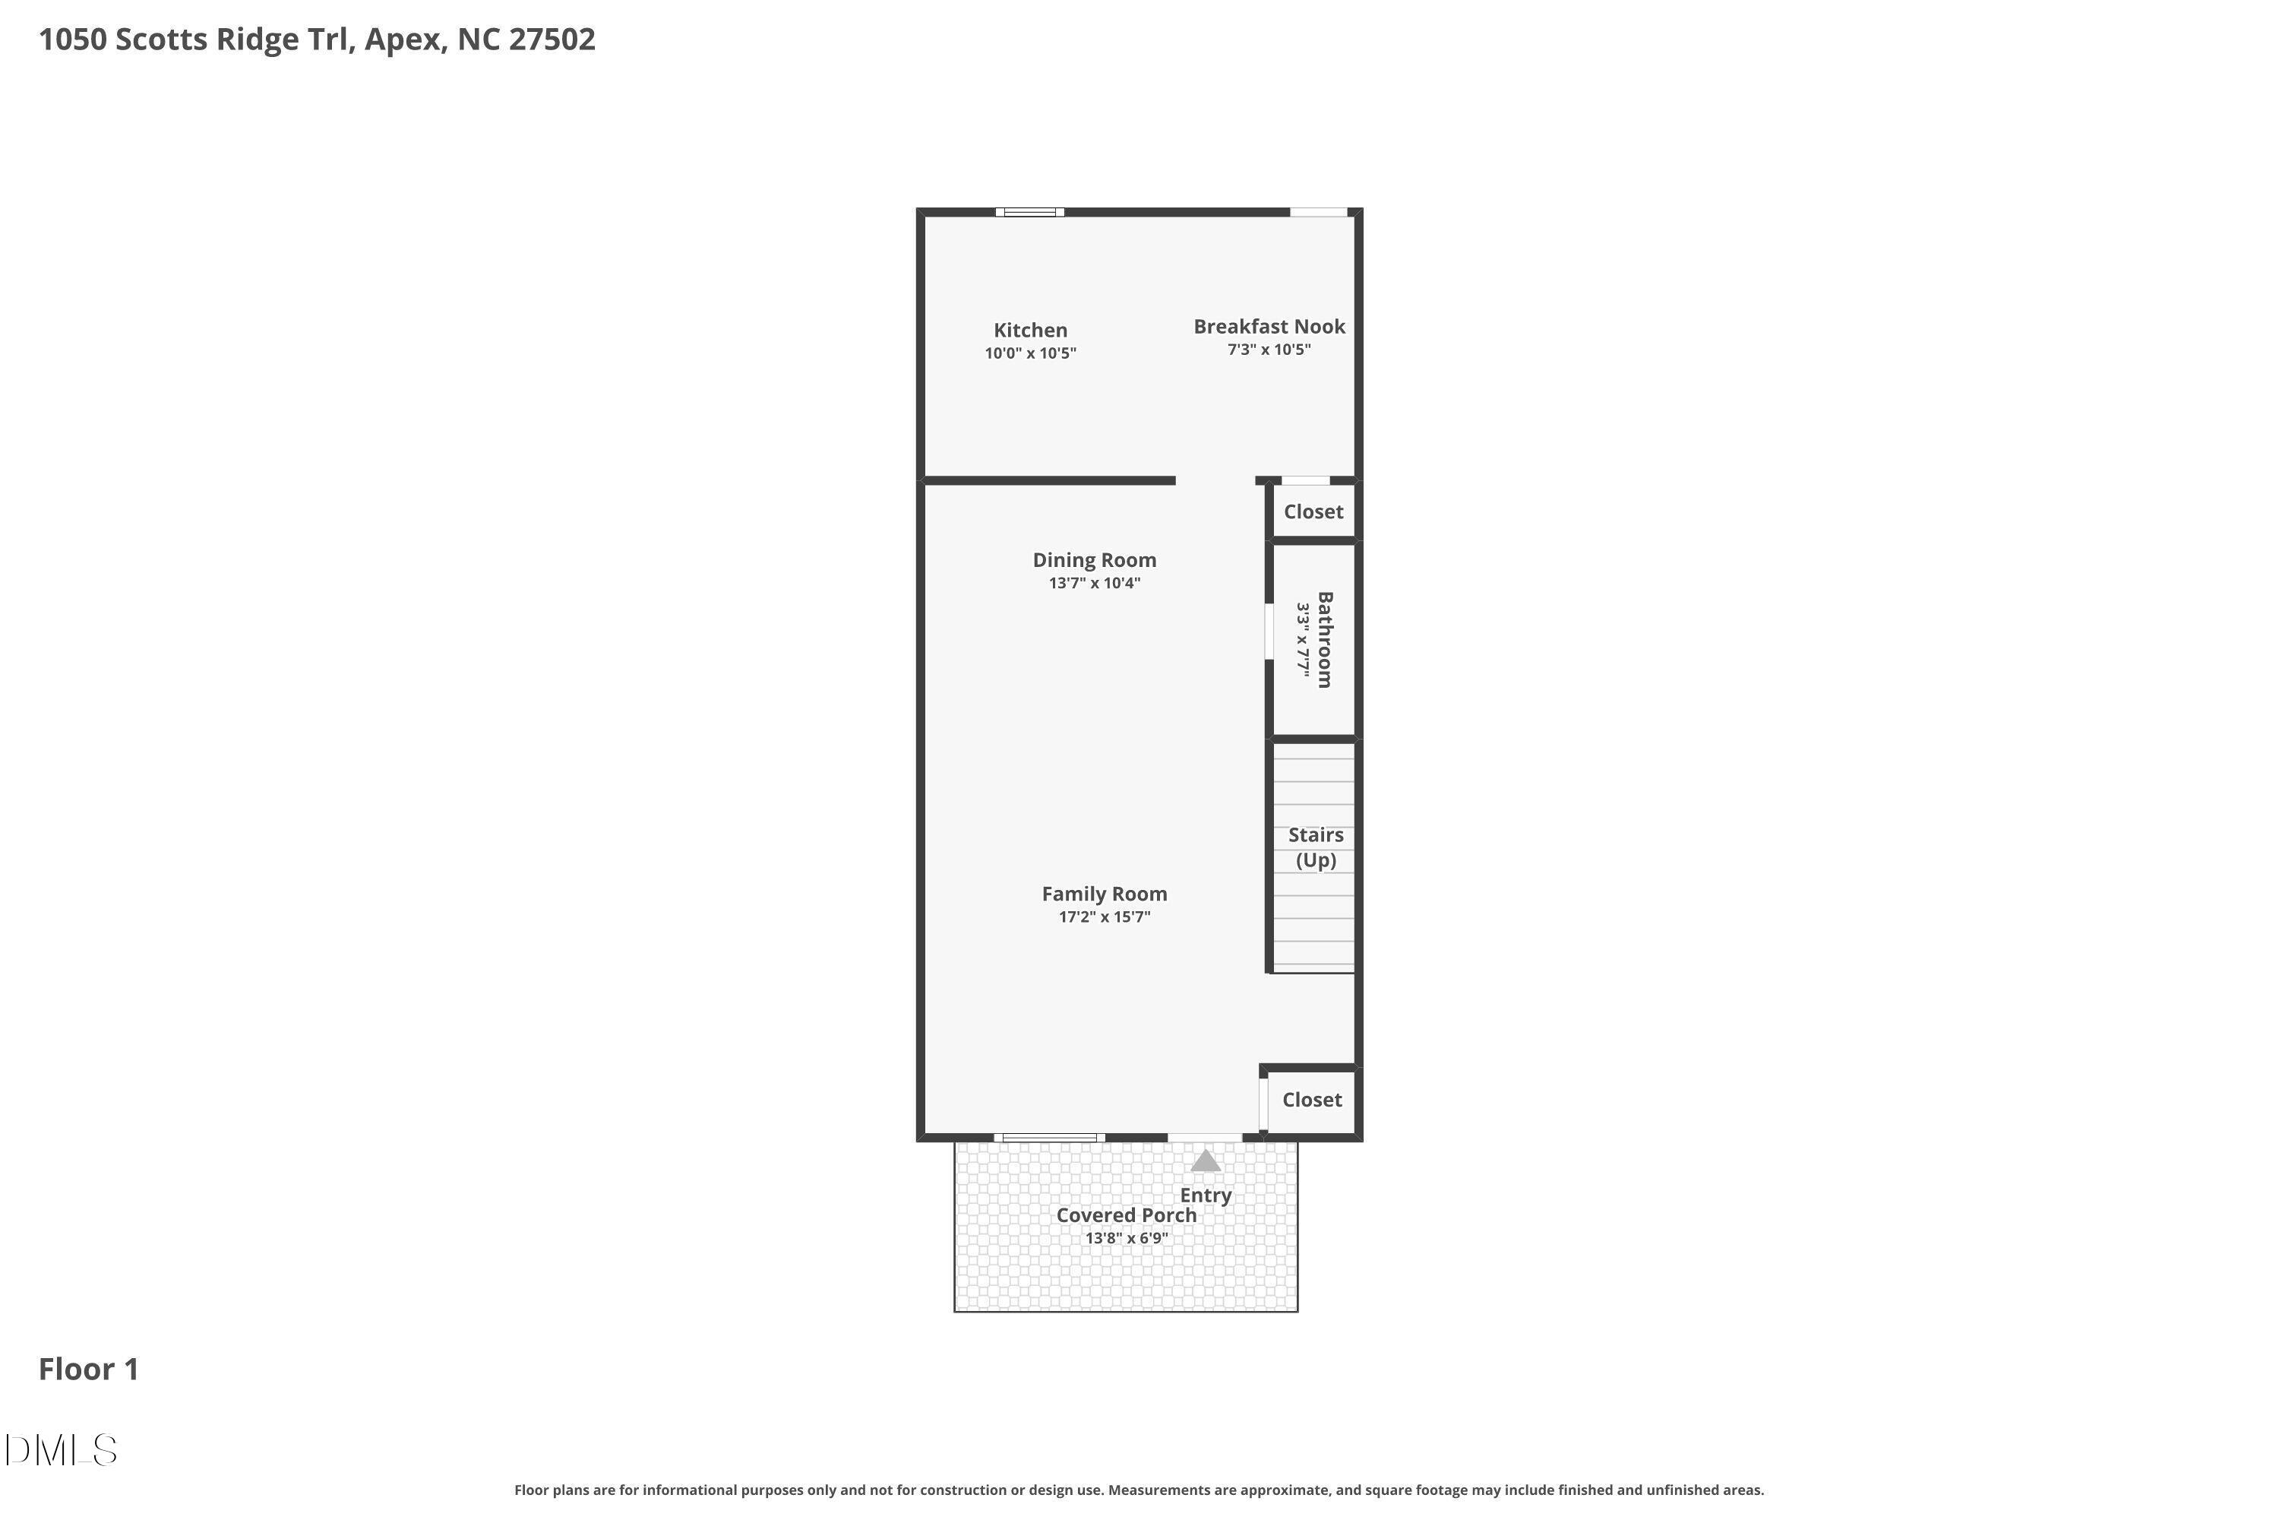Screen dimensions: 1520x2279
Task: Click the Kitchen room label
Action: click(x=1030, y=331)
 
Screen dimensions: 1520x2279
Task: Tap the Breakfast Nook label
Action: click(x=1269, y=327)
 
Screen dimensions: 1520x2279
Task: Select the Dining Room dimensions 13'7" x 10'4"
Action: click(x=1094, y=584)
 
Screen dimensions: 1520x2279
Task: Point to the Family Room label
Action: click(x=1104, y=894)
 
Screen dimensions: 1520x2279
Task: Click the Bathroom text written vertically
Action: click(x=1325, y=640)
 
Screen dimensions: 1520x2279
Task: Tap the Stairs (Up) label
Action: click(x=1315, y=847)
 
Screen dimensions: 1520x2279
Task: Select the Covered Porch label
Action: click(x=1126, y=1215)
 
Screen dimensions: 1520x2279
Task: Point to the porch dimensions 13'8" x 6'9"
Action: click(x=1126, y=1239)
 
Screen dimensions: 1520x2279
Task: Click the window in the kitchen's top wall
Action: click(x=1029, y=212)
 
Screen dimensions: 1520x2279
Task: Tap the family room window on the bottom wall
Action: click(x=1049, y=1138)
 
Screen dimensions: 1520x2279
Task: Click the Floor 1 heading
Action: click(x=88, y=1370)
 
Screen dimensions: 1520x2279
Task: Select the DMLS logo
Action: click(x=60, y=1451)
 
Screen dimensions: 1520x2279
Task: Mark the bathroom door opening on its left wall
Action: click(x=1269, y=632)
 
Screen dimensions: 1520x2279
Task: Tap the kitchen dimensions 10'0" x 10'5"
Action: click(x=1030, y=354)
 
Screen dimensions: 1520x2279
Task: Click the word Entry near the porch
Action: click(x=1206, y=1195)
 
